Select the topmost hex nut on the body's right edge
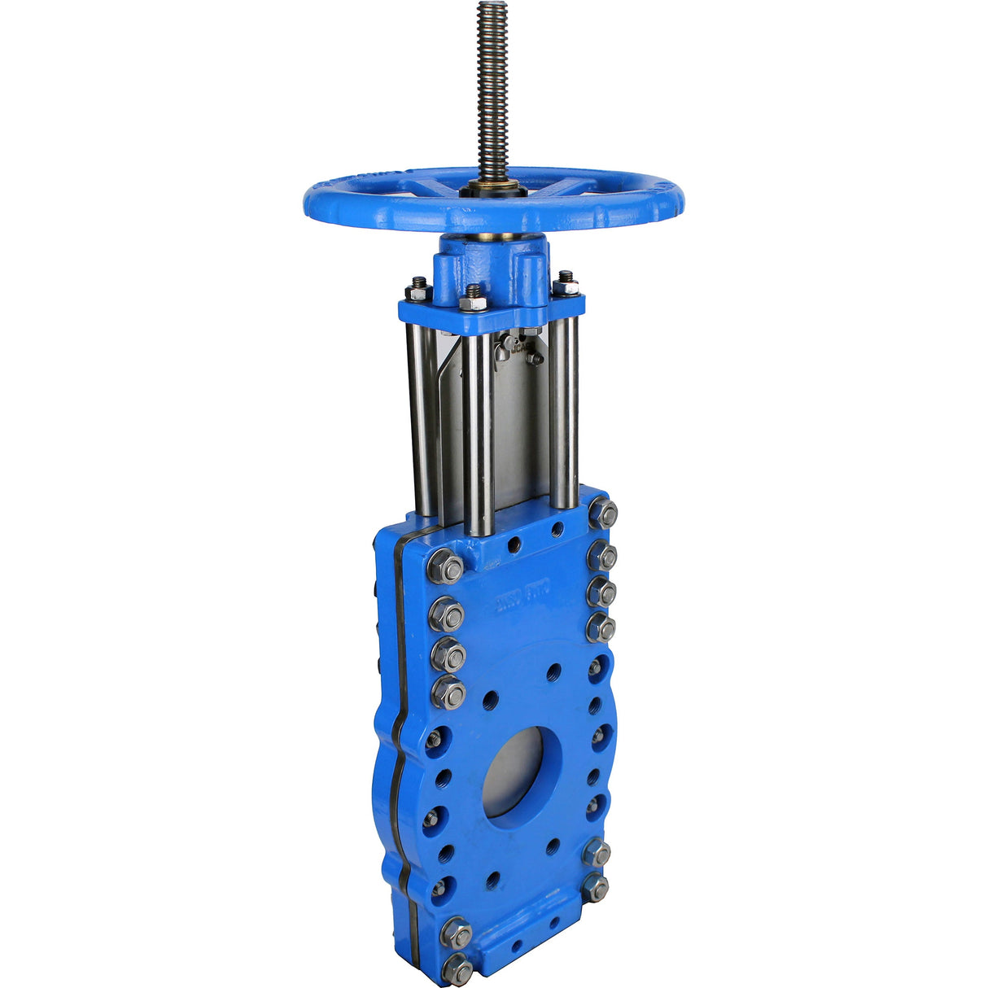coord(603,514)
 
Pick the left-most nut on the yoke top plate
coord(419,290)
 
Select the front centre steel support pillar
coord(478,431)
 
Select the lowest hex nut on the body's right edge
coord(596,887)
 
